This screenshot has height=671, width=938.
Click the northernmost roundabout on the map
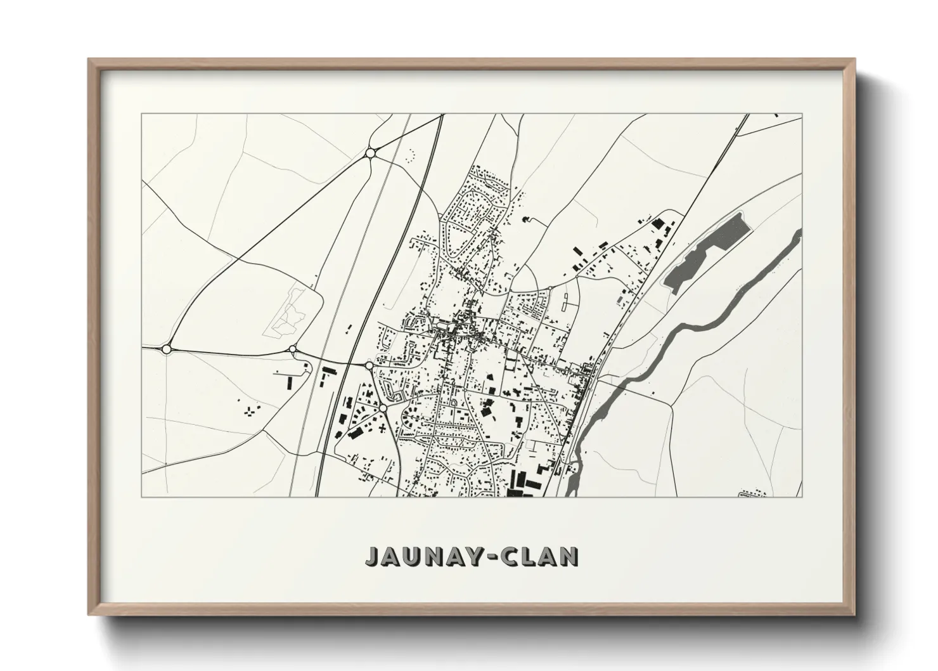pyautogui.click(x=370, y=152)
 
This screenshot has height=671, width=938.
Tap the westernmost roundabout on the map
pyautogui.click(x=167, y=349)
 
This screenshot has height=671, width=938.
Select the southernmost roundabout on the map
pyautogui.click(x=383, y=408)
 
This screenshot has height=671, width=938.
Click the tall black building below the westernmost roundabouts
pyautogui.click(x=290, y=384)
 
